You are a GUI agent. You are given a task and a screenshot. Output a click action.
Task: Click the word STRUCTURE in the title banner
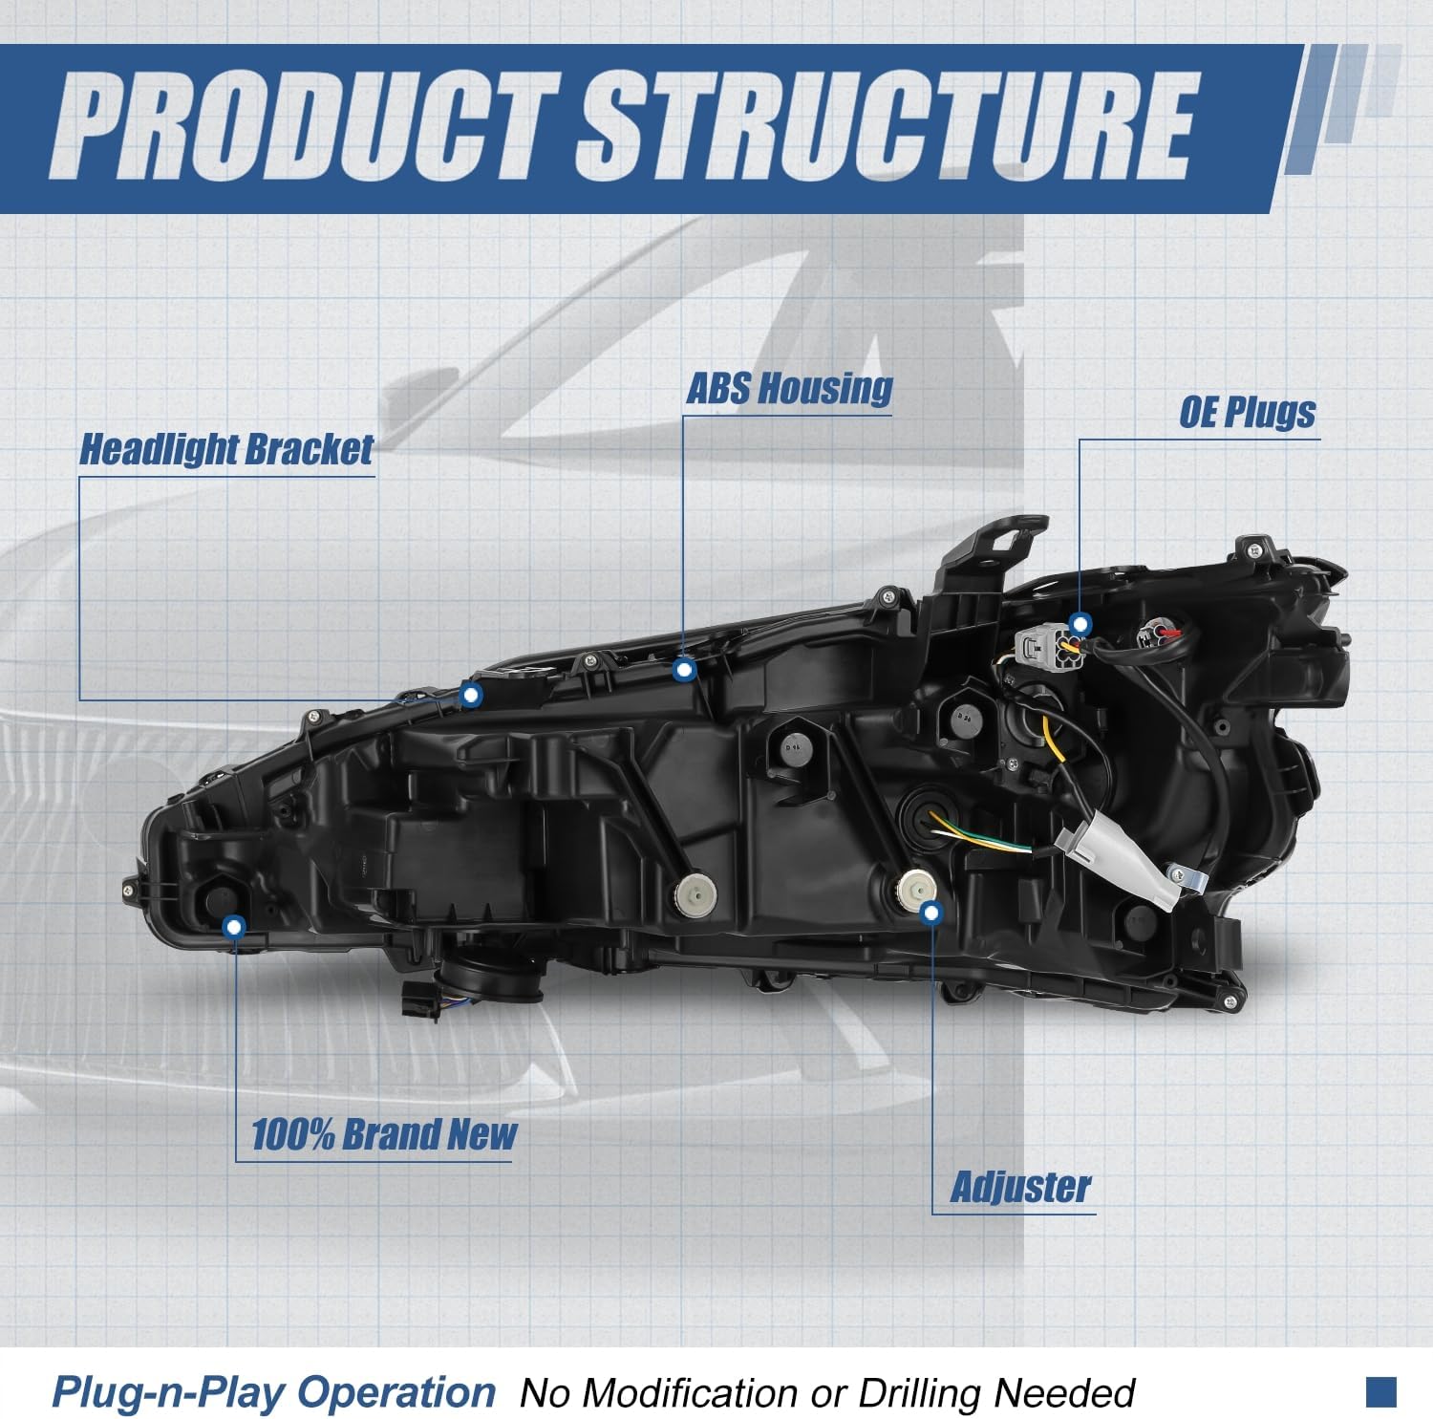(x=884, y=126)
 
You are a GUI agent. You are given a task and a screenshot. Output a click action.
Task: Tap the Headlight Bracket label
(x=226, y=449)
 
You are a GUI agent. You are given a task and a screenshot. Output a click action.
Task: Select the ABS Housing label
(x=789, y=388)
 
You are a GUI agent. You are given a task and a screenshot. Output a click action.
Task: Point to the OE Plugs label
(x=1247, y=412)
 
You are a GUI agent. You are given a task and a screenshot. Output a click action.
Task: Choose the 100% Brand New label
(x=383, y=1134)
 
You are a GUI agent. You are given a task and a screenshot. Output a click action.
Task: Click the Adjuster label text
(x=1020, y=1187)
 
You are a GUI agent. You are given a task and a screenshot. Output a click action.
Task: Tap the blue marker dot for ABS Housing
(x=683, y=670)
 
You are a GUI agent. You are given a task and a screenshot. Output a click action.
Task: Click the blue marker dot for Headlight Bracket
(x=470, y=695)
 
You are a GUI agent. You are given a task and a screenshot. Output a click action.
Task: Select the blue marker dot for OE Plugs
(x=1080, y=625)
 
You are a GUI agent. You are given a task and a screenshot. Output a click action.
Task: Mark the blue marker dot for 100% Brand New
(x=234, y=926)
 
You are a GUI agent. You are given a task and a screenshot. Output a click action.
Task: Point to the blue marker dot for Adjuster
(x=931, y=913)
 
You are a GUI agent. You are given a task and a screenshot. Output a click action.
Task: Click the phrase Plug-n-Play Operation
(x=273, y=1393)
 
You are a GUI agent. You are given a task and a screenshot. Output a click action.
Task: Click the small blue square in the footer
(x=1381, y=1391)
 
